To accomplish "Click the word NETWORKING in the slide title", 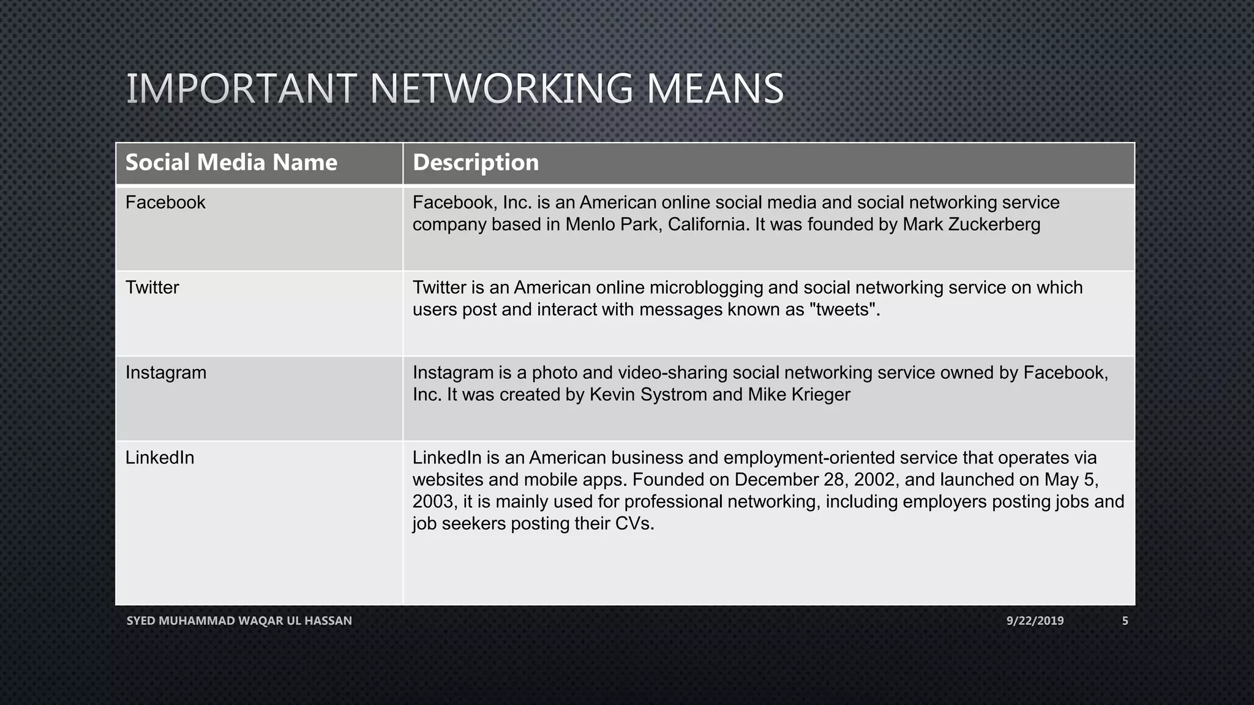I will tap(501, 89).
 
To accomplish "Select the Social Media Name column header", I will tap(231, 162).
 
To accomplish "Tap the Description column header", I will tap(475, 162).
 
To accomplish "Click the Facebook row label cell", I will tap(165, 203).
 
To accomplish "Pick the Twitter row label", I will tap(152, 288).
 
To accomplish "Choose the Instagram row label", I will tap(165, 373).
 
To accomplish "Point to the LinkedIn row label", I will tap(159, 458).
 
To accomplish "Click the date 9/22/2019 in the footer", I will tap(1035, 621).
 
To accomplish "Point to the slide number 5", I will tap(1125, 621).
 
